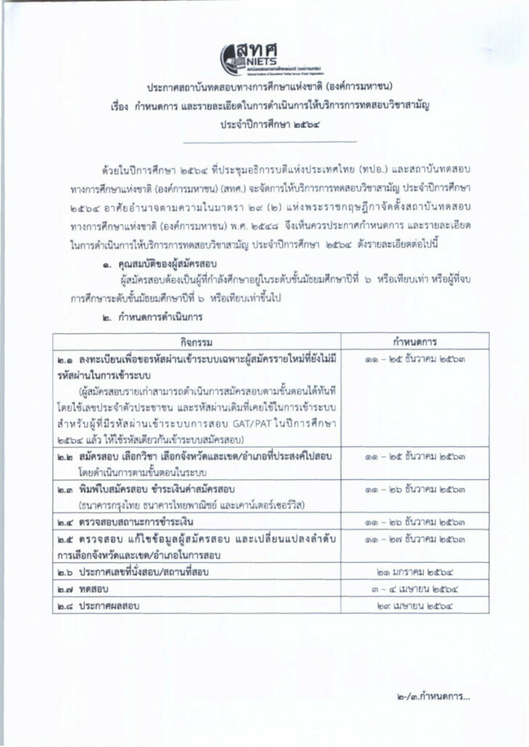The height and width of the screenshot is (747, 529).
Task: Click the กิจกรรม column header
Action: point(196,340)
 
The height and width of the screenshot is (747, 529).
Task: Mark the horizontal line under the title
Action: point(266,142)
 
